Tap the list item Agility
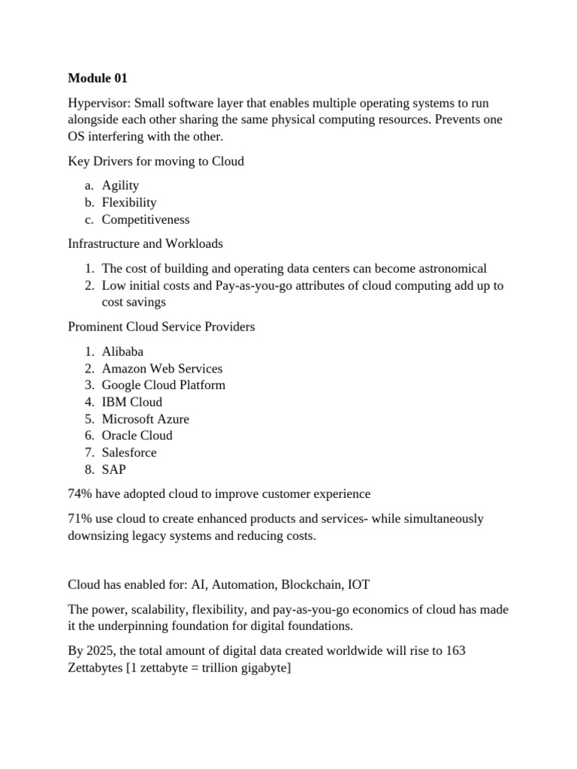[x=120, y=185]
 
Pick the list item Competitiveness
[x=146, y=219]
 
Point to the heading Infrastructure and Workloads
[x=145, y=243]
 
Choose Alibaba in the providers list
[x=122, y=351]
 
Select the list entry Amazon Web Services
[x=162, y=368]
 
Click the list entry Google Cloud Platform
[x=164, y=384]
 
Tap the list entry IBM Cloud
[x=132, y=402]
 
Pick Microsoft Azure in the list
[x=146, y=418]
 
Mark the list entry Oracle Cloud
[x=137, y=435]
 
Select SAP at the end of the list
[x=114, y=469]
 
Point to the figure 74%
[x=80, y=493]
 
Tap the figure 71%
[x=80, y=518]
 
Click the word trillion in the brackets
[x=190, y=667]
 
